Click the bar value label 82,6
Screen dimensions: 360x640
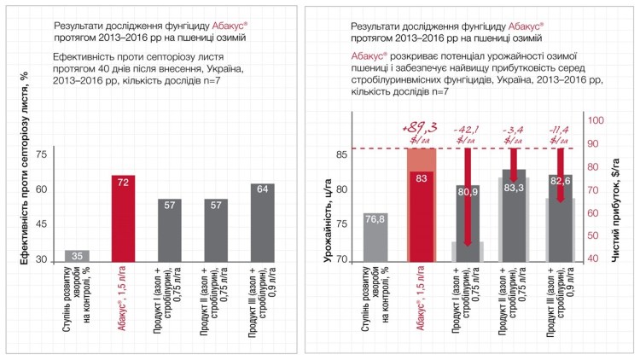559,182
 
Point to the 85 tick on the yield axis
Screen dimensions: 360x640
340,154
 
